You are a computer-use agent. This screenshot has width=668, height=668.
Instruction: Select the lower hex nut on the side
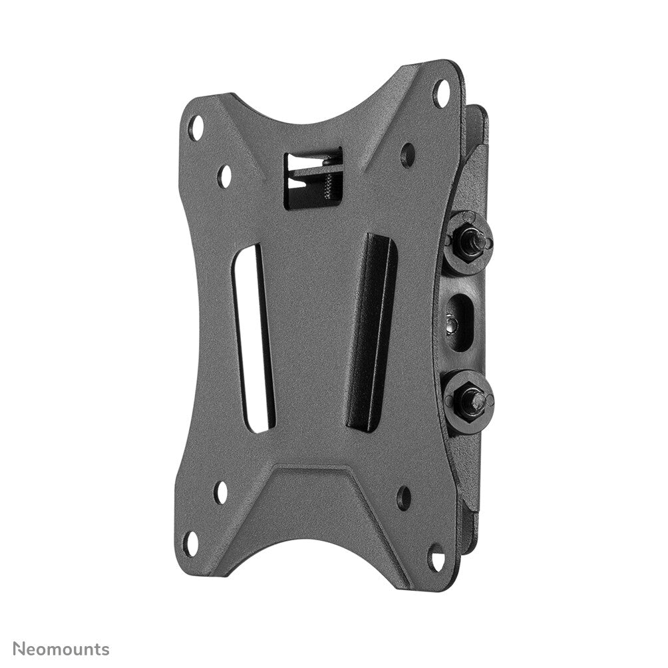coord(469,401)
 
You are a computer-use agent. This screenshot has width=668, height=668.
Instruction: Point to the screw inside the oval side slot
coord(452,324)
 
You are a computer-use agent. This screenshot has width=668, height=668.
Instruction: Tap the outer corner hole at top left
coord(196,127)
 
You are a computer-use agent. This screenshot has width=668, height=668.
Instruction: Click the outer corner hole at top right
coord(440,92)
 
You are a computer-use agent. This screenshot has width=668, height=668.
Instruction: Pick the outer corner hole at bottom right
coord(436,558)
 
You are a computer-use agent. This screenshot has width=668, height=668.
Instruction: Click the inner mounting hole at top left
coord(225,176)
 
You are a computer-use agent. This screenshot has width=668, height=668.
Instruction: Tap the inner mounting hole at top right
coord(407,155)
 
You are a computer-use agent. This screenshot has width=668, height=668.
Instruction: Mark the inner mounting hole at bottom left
coord(221,492)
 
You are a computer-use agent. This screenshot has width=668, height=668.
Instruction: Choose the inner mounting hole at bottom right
coord(403,498)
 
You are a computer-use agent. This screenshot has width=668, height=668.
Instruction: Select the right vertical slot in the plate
coord(371,333)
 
